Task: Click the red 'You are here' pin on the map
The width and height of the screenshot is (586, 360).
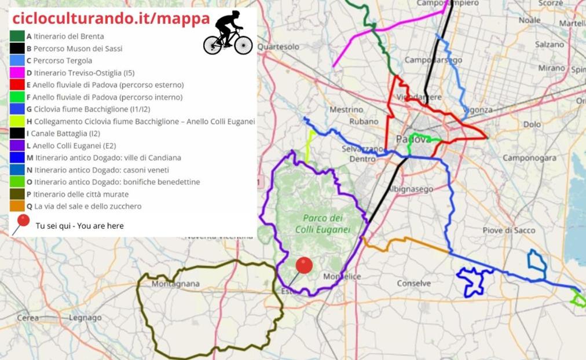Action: coord(304,266)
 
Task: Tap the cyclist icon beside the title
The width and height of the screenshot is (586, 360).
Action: coord(228,33)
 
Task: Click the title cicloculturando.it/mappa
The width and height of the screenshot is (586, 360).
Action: coord(111,19)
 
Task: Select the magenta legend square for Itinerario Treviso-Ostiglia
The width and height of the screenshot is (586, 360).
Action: coord(17,73)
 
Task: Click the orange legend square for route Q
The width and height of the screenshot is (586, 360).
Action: coord(17,206)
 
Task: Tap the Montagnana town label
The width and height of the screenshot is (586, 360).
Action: coord(175,284)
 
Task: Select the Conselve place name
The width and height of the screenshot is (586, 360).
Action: coord(413,283)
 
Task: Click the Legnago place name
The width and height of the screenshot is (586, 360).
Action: coord(85,318)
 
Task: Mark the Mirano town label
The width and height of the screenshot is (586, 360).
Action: coord(551,68)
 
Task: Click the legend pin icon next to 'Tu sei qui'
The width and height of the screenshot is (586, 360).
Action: coord(21,223)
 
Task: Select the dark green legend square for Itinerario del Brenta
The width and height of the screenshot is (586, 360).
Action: coord(17,36)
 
